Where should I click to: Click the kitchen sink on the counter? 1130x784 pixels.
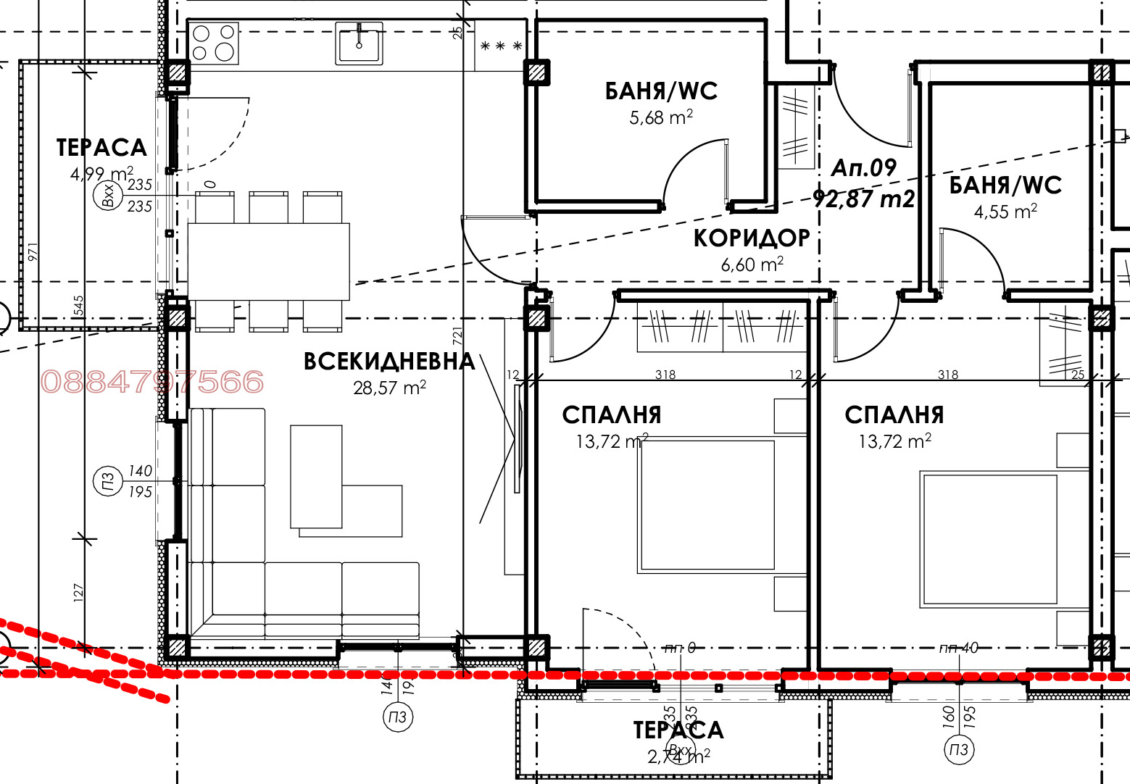click(359, 43)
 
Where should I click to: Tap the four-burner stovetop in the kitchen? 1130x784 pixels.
click(214, 43)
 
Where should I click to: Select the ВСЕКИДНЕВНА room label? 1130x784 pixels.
click(389, 362)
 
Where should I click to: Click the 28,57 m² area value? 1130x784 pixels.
click(389, 388)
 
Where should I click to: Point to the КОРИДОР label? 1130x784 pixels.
click(752, 238)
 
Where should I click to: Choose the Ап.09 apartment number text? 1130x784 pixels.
click(863, 168)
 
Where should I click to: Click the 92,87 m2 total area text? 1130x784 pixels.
click(863, 199)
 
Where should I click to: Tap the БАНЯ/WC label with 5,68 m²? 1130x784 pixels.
click(661, 91)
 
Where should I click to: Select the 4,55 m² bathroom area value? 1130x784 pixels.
click(1005, 212)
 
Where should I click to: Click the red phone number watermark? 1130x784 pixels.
click(152, 382)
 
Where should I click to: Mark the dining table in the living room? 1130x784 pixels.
click(268, 262)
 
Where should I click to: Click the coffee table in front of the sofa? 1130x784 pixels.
click(317, 476)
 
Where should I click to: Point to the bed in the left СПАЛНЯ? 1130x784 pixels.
click(707, 505)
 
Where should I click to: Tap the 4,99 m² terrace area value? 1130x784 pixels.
click(101, 174)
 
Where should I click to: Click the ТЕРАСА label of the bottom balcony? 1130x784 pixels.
click(678, 730)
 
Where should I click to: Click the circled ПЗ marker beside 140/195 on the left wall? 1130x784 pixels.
click(107, 482)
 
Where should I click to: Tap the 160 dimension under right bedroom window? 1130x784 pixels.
click(949, 717)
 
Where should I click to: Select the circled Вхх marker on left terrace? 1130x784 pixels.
click(109, 196)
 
